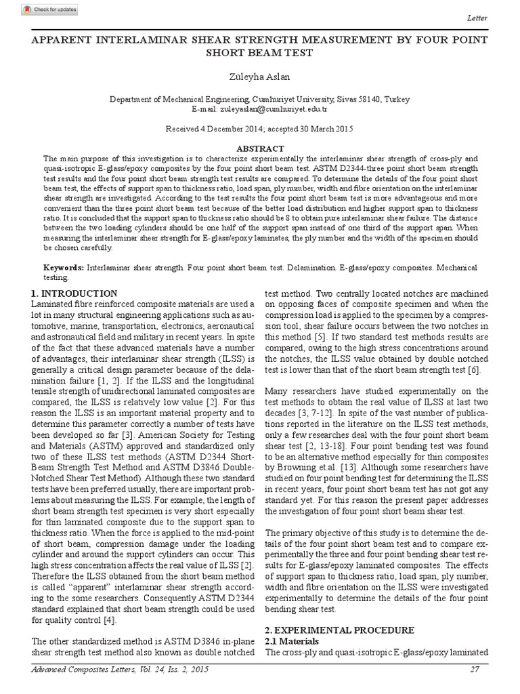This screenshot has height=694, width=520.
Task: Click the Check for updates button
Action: [x=49, y=9]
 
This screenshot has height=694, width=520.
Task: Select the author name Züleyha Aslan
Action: [x=260, y=78]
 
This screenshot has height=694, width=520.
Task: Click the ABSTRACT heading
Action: [x=260, y=148]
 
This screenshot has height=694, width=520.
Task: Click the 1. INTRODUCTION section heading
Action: [x=74, y=293]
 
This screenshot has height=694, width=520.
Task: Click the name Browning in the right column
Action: [x=291, y=467]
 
